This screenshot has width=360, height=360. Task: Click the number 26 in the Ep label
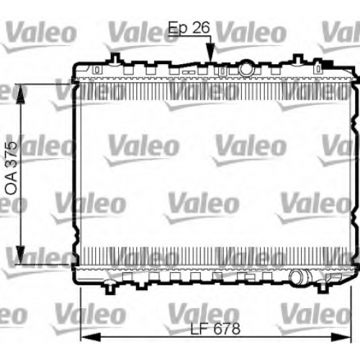click(x=201, y=27)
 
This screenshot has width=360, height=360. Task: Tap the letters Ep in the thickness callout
click(x=178, y=29)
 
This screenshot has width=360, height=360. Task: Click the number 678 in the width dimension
click(x=227, y=328)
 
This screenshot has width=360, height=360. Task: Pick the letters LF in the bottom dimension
click(x=199, y=328)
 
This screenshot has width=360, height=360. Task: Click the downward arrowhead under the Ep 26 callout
click(x=210, y=51)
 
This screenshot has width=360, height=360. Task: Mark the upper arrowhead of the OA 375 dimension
click(x=21, y=94)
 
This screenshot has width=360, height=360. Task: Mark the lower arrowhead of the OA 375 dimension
click(x=21, y=255)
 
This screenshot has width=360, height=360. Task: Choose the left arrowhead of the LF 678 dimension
click(x=91, y=337)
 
